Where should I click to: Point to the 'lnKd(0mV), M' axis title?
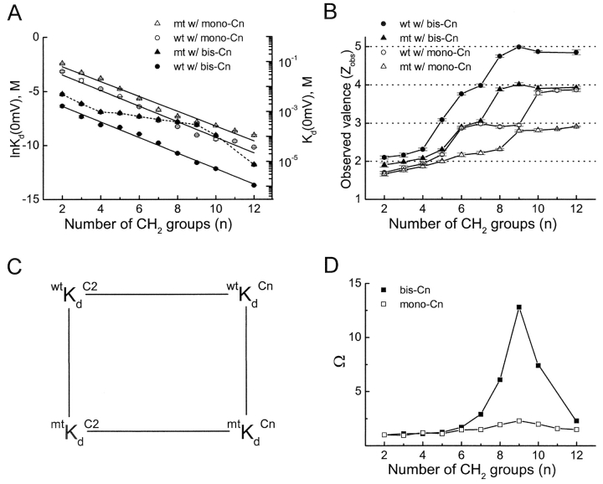tap(8, 120)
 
